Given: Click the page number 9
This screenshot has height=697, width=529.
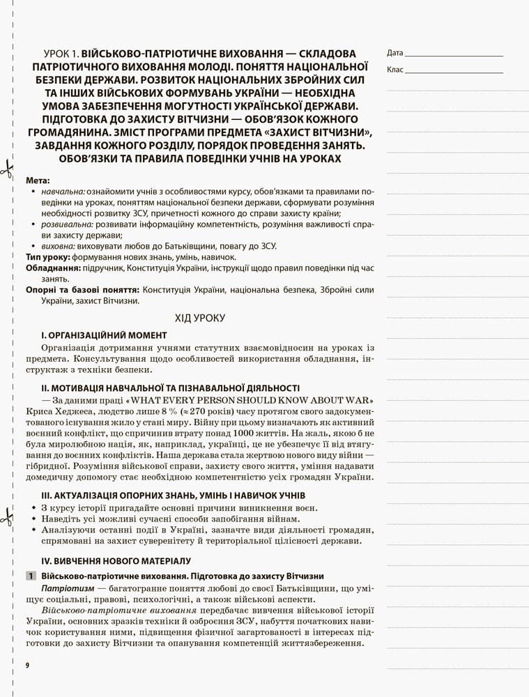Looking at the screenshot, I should click(x=26, y=666).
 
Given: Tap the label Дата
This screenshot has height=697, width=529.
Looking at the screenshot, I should click(x=394, y=53).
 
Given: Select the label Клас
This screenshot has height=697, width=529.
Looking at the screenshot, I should click(x=395, y=70).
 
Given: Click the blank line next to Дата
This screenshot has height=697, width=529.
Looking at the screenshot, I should click(x=454, y=54).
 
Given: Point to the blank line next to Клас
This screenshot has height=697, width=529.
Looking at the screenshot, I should click(x=454, y=71).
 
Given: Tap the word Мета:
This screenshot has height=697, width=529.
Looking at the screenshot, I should click(x=38, y=181).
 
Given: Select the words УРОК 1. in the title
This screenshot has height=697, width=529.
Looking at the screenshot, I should click(x=61, y=53).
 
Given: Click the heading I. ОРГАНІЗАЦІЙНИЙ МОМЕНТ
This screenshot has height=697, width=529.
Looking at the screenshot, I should click(x=104, y=335).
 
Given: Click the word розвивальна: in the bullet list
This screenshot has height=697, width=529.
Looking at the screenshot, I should click(x=67, y=224).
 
